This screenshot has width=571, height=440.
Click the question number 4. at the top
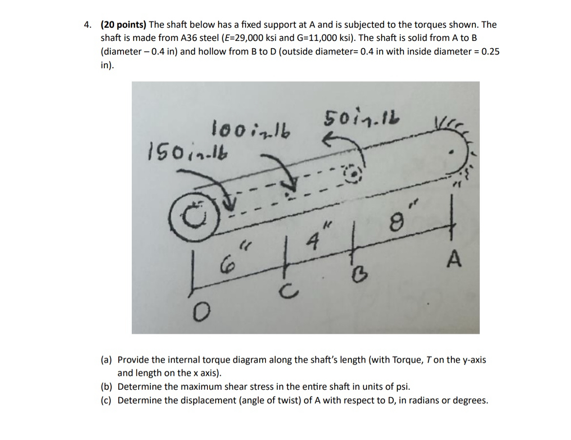(x=87, y=25)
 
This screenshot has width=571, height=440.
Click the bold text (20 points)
(x=123, y=25)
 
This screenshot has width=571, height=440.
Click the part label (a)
(x=106, y=360)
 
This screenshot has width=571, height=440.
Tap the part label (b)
(x=106, y=387)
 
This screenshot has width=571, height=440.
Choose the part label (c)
(x=106, y=401)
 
